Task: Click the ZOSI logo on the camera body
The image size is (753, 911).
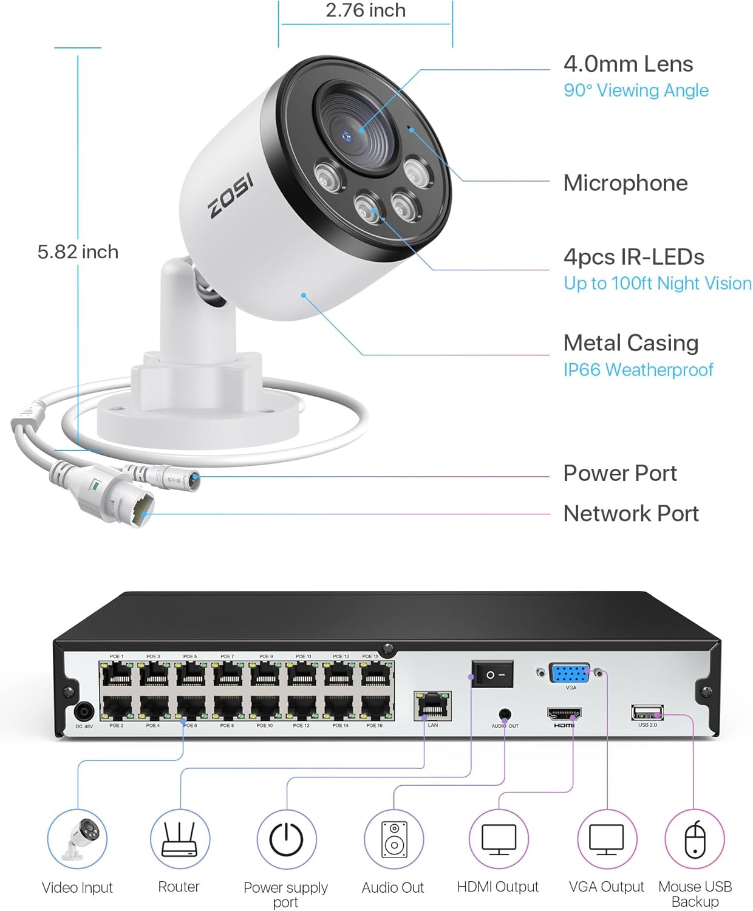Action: coord(231,197)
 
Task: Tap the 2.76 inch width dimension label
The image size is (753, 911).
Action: coord(366,10)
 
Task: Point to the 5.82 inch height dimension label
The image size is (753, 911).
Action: coord(78,251)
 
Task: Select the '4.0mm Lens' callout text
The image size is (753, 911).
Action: coord(628,64)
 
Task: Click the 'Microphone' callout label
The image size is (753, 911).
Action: coord(625,183)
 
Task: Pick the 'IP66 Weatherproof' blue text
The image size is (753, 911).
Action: coord(638,369)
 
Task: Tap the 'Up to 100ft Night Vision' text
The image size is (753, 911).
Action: coord(658,283)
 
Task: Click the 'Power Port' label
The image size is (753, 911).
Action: coord(620,473)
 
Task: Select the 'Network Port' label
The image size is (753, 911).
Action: coord(631,513)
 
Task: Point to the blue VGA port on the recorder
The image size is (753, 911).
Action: coord(570,674)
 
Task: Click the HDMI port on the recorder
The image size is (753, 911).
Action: coord(564,714)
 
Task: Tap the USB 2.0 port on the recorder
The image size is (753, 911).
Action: coord(647,712)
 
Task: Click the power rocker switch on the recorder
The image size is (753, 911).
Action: coord(492,675)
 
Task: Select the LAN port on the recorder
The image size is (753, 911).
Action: coord(432,706)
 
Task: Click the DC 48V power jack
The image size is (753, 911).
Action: coord(83,711)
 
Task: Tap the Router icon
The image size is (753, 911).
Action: coord(180,839)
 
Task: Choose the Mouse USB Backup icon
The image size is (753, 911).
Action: coord(695,839)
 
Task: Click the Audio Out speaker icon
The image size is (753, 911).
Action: coord(394,839)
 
